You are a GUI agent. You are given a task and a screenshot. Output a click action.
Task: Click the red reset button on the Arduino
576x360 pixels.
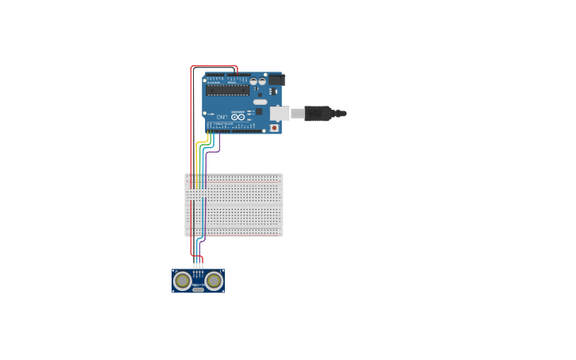click(x=274, y=127)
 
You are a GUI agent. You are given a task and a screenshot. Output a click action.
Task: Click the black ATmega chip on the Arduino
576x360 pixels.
click(x=228, y=91)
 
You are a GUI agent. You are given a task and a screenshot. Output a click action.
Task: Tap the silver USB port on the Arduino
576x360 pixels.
click(x=279, y=114)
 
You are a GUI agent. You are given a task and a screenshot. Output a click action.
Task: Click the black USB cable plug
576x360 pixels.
click(x=318, y=114)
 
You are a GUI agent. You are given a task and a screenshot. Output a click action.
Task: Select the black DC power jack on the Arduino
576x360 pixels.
click(x=276, y=79)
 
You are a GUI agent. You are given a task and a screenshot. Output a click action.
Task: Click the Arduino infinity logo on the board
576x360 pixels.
click(x=237, y=117)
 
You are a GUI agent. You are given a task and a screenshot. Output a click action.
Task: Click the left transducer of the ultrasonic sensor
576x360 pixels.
click(x=183, y=280)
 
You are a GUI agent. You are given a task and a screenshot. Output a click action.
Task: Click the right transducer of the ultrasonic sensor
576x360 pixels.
click(x=214, y=280)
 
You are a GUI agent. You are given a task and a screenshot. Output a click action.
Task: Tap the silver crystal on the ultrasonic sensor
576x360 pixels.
click(x=198, y=289)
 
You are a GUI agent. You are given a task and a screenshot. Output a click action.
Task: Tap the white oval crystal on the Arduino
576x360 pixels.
click(x=260, y=102)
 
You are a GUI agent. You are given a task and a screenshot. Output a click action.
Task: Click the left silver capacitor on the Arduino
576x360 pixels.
click(x=253, y=81)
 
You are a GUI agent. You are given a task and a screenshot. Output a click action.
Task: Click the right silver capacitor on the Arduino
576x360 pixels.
click(x=261, y=81)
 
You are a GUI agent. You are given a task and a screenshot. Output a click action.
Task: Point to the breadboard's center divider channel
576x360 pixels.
click(x=234, y=203)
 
